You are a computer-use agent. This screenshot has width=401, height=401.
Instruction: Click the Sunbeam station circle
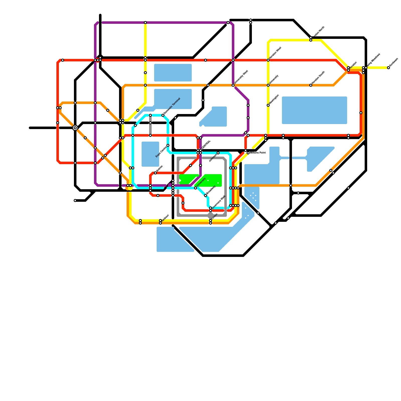388,68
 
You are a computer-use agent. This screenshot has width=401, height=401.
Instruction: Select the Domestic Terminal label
172,106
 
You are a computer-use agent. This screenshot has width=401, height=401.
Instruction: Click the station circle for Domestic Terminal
163,115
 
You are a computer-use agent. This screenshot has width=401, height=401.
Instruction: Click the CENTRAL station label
206,145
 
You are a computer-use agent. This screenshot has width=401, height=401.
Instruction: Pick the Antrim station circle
155,173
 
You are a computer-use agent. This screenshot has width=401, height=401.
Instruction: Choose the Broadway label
211,190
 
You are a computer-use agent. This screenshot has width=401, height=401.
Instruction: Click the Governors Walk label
219,202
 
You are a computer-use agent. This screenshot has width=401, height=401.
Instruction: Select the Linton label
215,216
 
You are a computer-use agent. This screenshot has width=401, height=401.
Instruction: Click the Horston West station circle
268,60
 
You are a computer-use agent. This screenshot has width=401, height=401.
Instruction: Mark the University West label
241,77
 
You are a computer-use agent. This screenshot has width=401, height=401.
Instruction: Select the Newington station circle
268,105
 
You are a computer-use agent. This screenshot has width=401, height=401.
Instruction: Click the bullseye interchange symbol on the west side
75,128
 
